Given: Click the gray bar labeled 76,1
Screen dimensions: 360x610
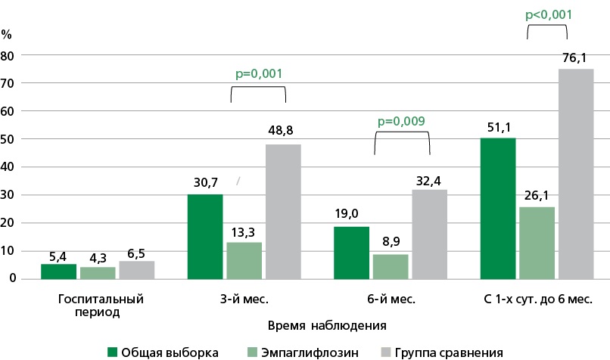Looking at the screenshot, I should click(576, 173).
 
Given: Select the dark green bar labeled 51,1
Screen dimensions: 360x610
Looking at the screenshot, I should click(497, 208).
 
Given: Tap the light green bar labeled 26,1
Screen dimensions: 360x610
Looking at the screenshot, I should click(537, 243).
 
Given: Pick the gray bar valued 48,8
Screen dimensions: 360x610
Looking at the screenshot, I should click(284, 211).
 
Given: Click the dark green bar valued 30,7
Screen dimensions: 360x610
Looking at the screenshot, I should click(205, 236).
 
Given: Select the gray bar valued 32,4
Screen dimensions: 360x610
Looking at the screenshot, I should click(430, 234).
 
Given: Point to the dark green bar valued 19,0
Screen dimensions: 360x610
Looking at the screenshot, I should click(351, 252).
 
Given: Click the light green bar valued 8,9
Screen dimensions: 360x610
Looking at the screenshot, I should click(391, 266).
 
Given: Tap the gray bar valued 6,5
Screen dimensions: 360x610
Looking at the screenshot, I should click(137, 269).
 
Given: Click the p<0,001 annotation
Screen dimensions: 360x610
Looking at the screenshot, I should click(546, 14).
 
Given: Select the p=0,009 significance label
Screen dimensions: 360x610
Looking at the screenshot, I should click(401, 120).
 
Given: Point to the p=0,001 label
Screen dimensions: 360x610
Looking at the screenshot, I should click(257, 75).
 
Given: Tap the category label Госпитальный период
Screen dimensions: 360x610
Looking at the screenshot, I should click(101, 304).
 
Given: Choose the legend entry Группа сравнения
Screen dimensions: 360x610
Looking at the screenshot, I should click(443, 352).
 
